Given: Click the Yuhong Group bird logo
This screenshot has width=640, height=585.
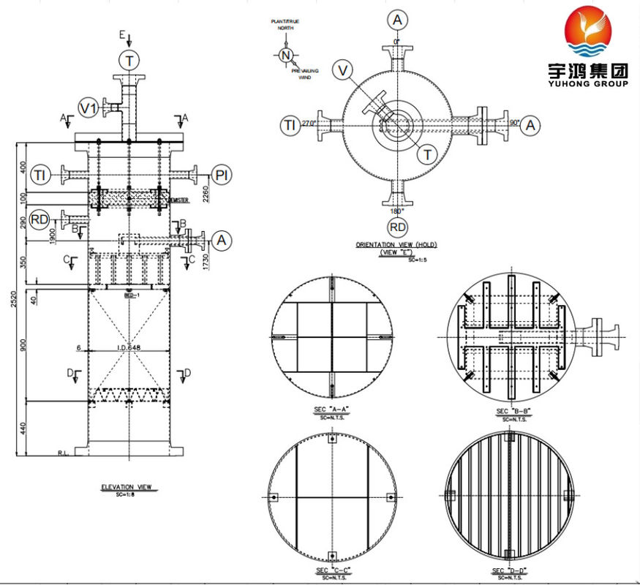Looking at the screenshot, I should pos(588,33).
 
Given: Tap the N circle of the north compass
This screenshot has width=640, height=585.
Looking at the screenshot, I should pos(286,55).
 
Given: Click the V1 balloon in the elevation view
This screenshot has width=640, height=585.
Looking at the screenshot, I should pos(89,109).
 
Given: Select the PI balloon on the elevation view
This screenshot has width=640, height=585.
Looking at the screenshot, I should pos(222,174).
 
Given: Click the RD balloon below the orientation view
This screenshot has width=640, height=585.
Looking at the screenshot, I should pos(397,227).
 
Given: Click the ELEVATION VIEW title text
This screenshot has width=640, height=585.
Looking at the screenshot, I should pos(130,486).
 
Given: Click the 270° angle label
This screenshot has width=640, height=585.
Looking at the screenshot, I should pos(308,124).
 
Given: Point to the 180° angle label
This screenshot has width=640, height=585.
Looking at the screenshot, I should pos(397,211).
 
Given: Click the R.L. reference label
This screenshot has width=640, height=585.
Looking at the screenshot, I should pos(64,453).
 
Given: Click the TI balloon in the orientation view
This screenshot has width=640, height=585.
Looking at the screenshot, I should pos(290,126).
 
